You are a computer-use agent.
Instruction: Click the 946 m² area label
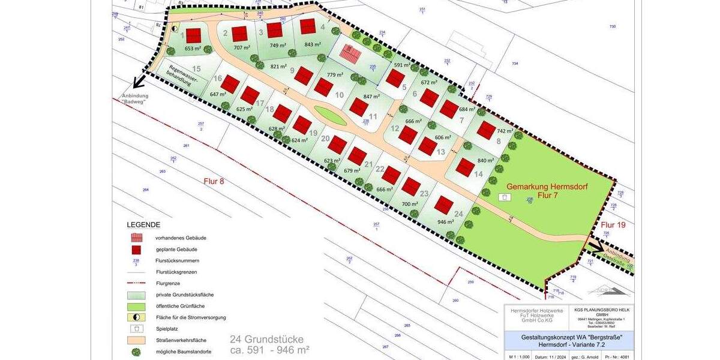coord(445,221)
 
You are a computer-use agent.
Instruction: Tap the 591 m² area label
coord(402,64)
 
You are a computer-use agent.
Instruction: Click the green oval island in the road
coord(331,115)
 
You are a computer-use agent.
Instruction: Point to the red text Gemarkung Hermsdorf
coord(547,187)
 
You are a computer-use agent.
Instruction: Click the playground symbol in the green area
coord(505,197)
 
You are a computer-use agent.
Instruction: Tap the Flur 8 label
coord(214,181)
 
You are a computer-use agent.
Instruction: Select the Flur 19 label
coord(613,225)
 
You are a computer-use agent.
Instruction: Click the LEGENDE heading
coord(143,224)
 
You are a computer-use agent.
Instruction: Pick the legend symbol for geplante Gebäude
coord(137,249)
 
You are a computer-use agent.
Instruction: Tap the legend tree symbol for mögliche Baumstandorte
coord(137,352)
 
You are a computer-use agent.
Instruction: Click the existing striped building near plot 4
coord(350,53)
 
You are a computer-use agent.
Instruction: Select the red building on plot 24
coord(443,205)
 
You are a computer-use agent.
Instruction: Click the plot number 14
coord(478,174)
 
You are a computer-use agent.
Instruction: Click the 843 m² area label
coord(313,44)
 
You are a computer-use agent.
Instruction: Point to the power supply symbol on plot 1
coord(175,28)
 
